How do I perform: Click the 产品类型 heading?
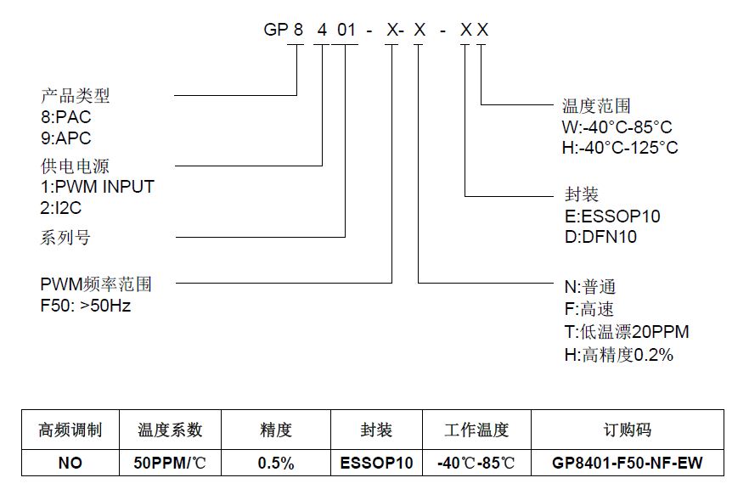75,96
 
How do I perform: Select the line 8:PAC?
66,117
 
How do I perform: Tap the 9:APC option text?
66,138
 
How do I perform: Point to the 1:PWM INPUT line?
98,187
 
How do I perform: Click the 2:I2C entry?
61,208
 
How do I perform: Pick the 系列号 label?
65,238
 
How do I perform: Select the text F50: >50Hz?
86,306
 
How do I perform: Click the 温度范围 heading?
596,106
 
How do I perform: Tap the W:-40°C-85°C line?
617,127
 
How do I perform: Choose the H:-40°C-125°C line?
620,148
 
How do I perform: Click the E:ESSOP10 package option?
612,216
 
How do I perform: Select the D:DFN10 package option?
600,237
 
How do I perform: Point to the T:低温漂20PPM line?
627,332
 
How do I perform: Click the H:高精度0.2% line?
619,355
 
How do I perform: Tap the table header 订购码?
628,430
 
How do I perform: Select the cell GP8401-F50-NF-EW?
628,463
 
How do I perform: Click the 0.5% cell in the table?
276,463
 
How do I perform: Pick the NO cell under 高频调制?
70,463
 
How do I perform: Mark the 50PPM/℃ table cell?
170,463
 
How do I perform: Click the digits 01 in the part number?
346,30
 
